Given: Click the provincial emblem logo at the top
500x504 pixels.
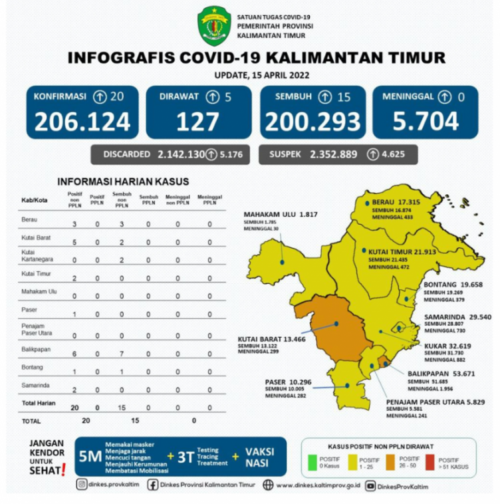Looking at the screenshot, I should pos(216,25).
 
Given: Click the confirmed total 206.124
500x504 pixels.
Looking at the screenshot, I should pos(82,121).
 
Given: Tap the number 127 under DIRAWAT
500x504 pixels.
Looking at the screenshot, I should pos(198,121).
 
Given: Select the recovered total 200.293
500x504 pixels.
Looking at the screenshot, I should pos(312,121).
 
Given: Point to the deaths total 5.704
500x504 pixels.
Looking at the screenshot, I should pos(425,121).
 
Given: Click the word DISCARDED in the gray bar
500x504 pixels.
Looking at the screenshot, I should pos(126,154).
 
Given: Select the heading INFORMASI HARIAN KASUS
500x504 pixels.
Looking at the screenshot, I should pos(122,182).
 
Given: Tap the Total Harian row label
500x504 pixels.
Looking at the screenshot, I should pos(38,403).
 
